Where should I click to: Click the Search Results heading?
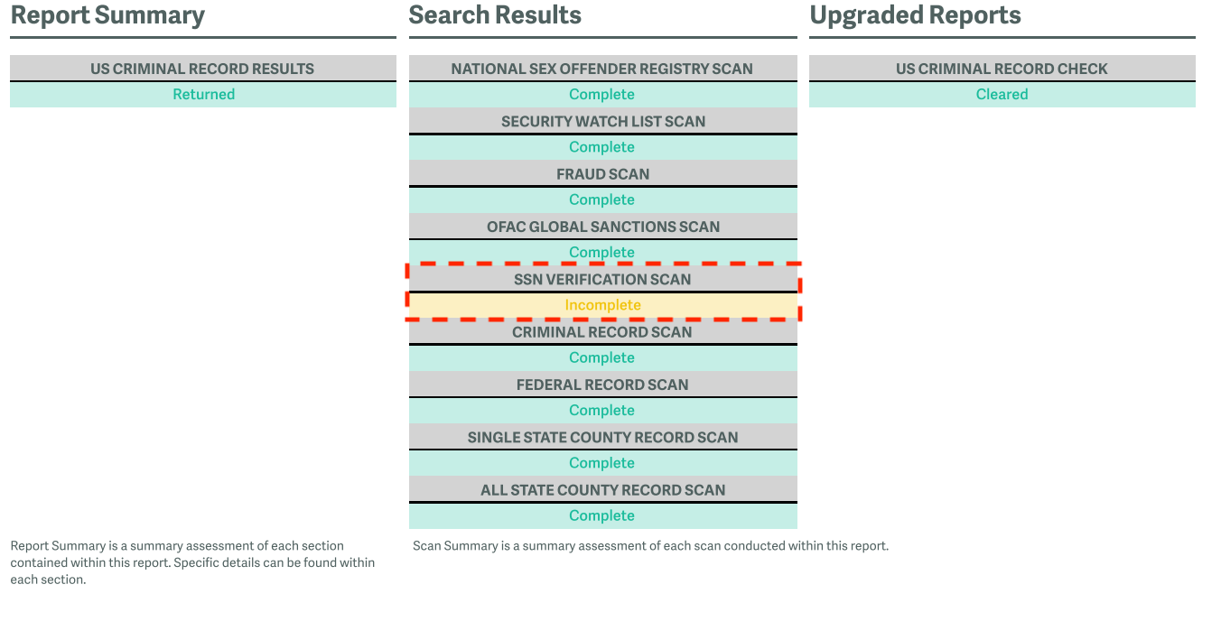(495, 15)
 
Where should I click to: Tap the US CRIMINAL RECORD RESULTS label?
(202, 69)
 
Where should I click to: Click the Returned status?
(204, 94)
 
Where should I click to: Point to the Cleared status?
(1002, 94)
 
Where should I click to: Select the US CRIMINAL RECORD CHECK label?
(1002, 69)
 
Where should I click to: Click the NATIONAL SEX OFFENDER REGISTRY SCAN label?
(601, 69)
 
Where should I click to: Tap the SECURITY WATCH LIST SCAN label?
(603, 122)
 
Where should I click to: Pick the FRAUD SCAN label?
(603, 174)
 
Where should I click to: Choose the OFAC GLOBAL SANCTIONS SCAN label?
(603, 227)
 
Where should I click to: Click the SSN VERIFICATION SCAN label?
(602, 280)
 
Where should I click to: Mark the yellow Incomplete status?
(603, 305)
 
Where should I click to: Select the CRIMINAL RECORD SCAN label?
(601, 332)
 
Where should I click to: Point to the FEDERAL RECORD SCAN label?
(602, 385)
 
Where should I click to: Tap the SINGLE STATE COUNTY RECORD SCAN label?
(602, 438)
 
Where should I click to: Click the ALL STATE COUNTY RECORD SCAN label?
(603, 490)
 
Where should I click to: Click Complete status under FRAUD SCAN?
(601, 199)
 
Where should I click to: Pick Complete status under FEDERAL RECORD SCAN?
(601, 411)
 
